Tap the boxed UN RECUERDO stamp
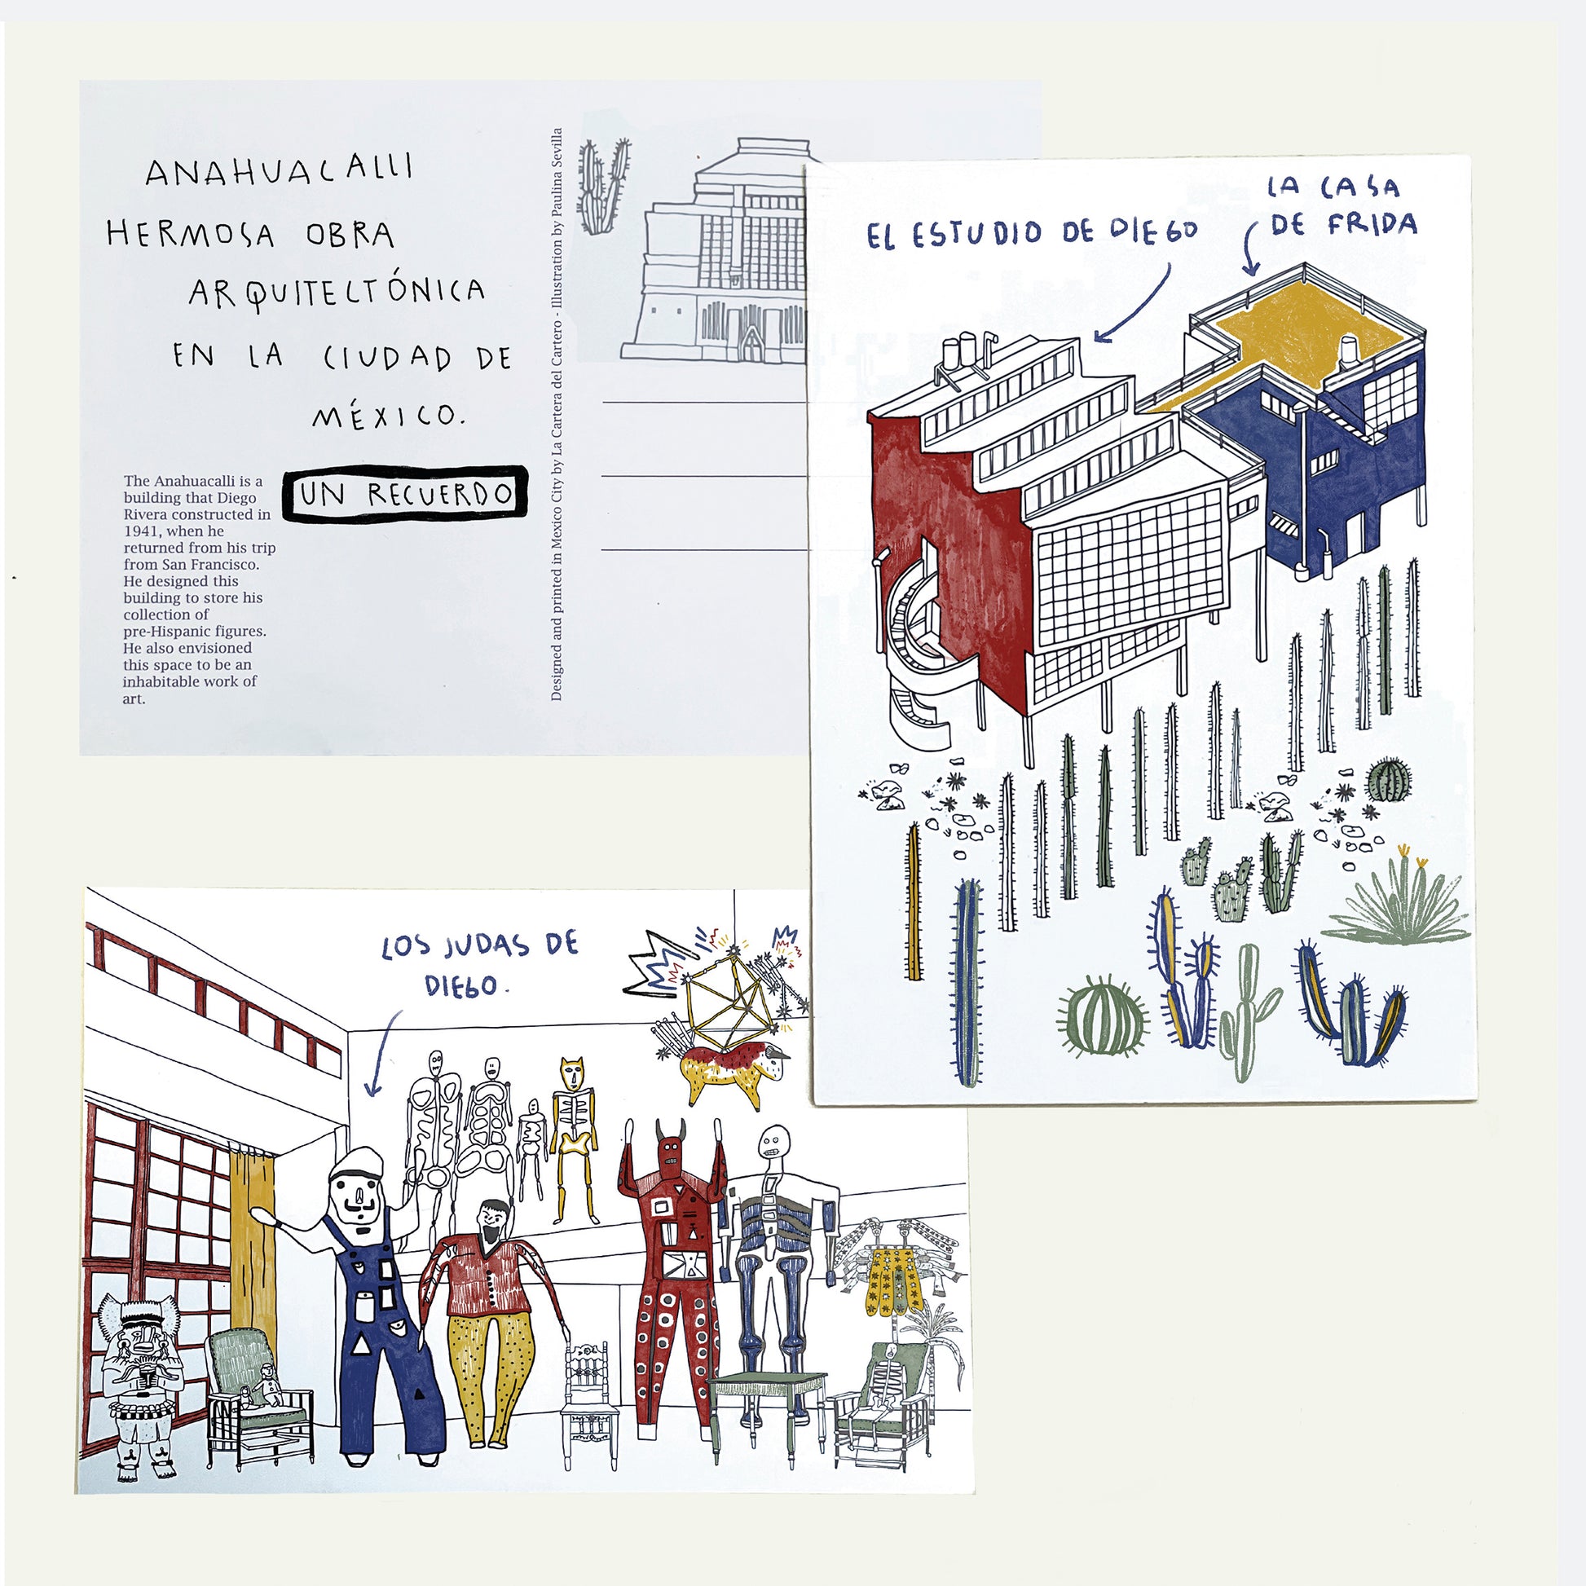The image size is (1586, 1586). pyautogui.click(x=405, y=493)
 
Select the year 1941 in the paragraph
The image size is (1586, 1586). pyautogui.click(x=142, y=531)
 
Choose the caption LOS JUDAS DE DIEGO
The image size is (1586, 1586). pyautogui.click(x=480, y=964)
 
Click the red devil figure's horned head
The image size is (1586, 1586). pyautogui.click(x=672, y=1145)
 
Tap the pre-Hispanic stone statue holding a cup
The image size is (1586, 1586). pyautogui.click(x=140, y=1380)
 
